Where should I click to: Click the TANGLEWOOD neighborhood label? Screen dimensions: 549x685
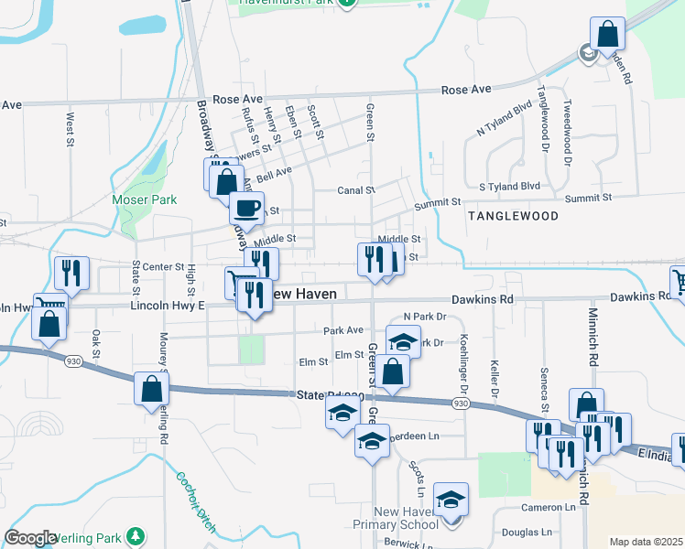(513, 216)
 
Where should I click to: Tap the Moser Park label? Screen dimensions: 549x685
(137, 199)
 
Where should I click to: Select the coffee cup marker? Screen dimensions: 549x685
(245, 208)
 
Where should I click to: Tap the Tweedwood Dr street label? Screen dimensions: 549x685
(568, 132)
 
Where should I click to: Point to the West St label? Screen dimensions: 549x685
(70, 128)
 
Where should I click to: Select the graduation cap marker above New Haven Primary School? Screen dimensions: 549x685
(451, 500)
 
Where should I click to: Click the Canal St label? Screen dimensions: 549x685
(356, 190)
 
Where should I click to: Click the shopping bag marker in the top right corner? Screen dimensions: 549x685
(607, 35)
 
